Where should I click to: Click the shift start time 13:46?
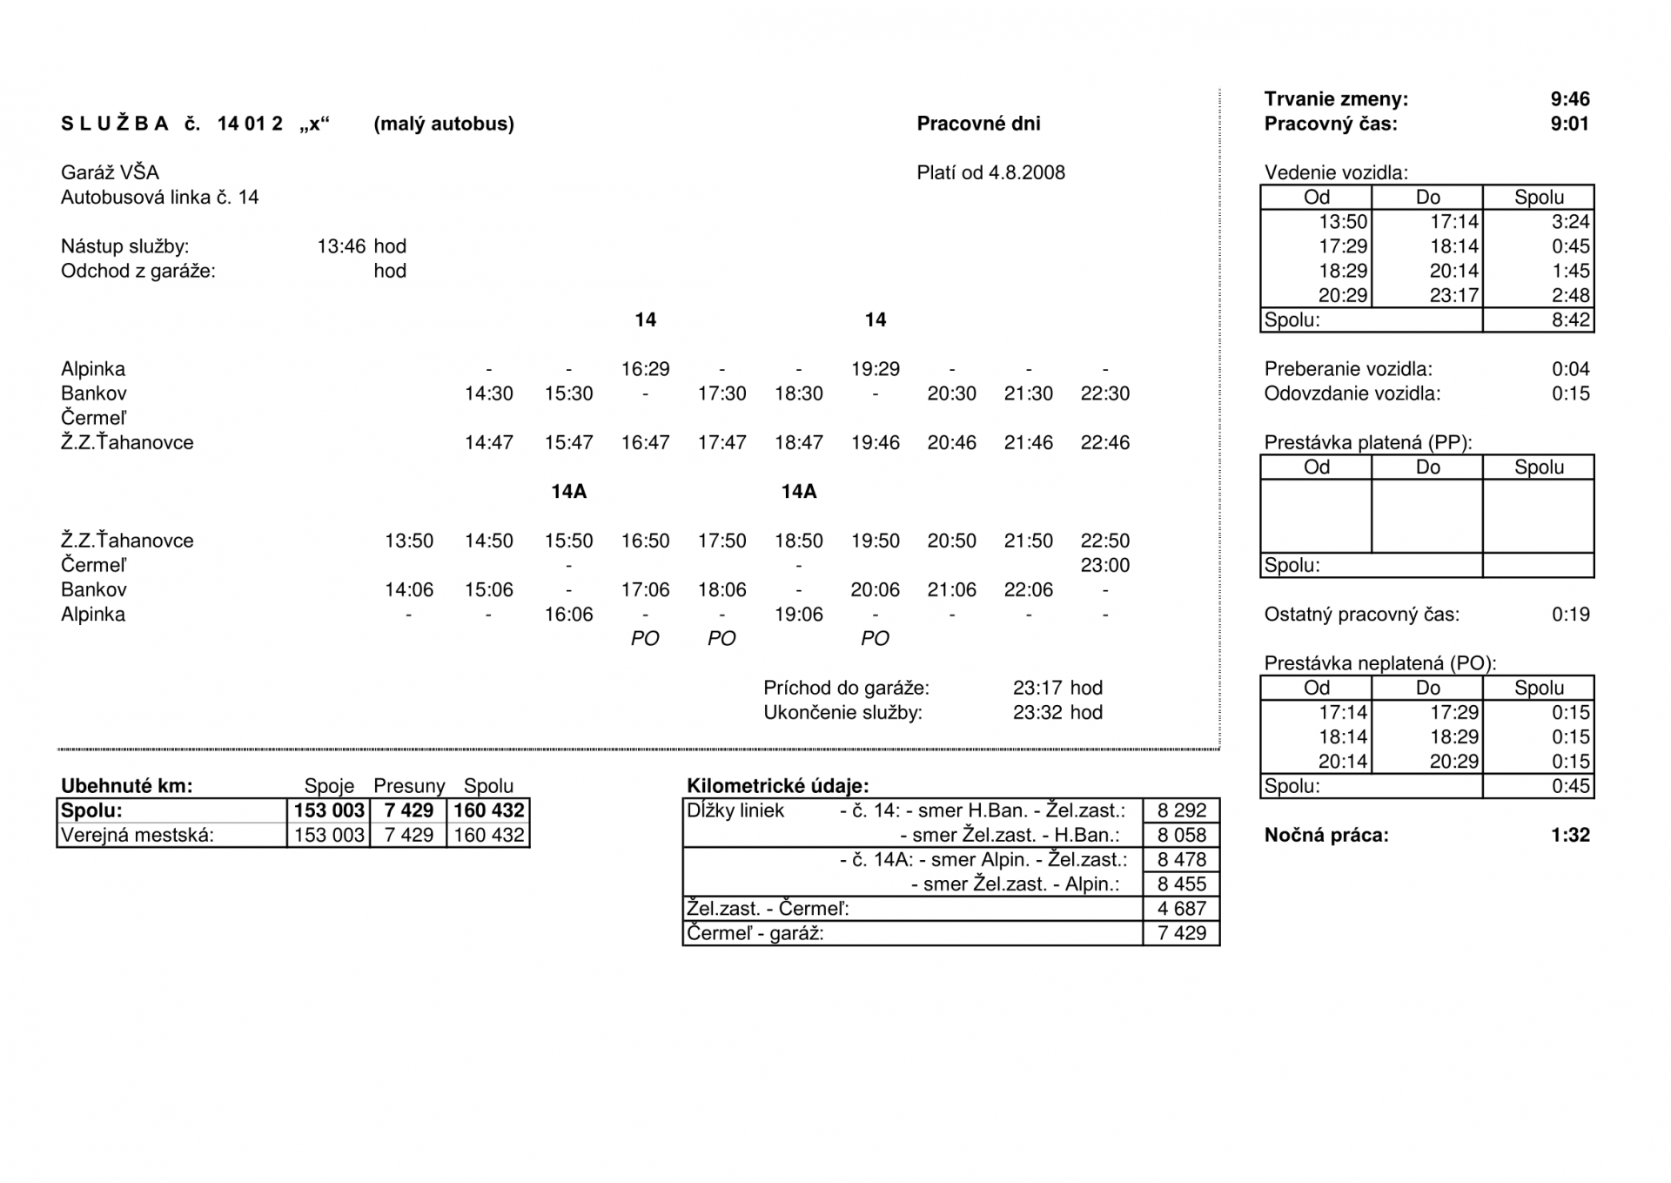pyautogui.click(x=341, y=246)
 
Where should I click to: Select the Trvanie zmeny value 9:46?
pyautogui.click(x=1569, y=99)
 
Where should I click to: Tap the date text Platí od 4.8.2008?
pyautogui.click(x=990, y=172)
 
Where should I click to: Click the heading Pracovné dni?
pyautogui.click(x=978, y=124)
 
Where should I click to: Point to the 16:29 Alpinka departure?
pyautogui.click(x=645, y=369)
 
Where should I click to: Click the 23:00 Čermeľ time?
pyautogui.click(x=1104, y=565)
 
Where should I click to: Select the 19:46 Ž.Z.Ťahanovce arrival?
pyautogui.click(x=875, y=442)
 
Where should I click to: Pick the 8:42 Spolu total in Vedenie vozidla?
pyautogui.click(x=1570, y=319)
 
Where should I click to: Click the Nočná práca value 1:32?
pyautogui.click(x=1569, y=835)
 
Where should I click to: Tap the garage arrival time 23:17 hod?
pyautogui.click(x=1057, y=688)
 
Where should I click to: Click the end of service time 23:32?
pyautogui.click(x=1037, y=712)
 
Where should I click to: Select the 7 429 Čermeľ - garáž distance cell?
pyautogui.click(x=1181, y=933)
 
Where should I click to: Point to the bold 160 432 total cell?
pyautogui.click(x=488, y=810)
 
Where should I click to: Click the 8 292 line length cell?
pyautogui.click(x=1181, y=810)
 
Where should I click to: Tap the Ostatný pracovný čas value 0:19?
pyautogui.click(x=1570, y=615)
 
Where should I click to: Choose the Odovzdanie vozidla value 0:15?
pyautogui.click(x=1570, y=393)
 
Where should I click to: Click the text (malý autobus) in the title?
pyautogui.click(x=443, y=124)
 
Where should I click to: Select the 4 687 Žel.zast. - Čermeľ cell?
pyautogui.click(x=1181, y=909)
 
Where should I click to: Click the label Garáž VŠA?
pyautogui.click(x=110, y=172)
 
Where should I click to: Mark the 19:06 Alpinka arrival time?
pyautogui.click(x=798, y=615)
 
